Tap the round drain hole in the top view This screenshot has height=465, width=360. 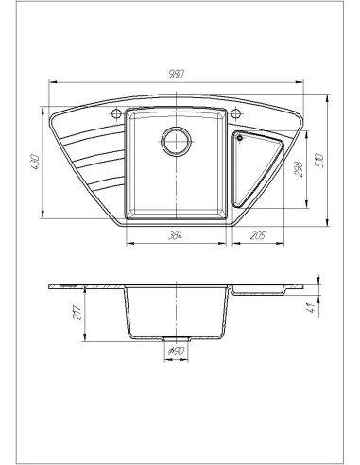click(x=175, y=142)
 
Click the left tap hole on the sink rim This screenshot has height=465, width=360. click(x=117, y=113)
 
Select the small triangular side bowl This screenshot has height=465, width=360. click(x=258, y=165)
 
